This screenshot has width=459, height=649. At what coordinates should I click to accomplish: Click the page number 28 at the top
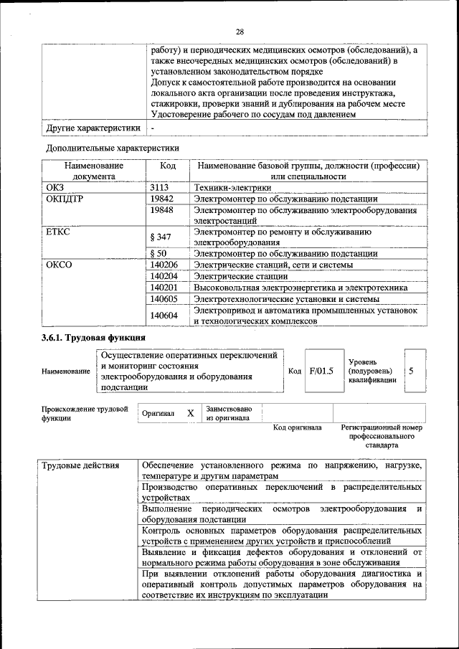(x=240, y=31)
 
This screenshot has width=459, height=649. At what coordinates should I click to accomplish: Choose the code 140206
(x=165, y=265)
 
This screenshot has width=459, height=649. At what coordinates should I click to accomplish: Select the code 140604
(x=165, y=315)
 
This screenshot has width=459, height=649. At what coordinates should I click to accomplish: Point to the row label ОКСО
(x=59, y=265)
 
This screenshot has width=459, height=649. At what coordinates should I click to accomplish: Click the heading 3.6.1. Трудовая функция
(x=93, y=337)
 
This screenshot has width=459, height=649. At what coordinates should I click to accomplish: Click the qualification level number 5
(x=411, y=371)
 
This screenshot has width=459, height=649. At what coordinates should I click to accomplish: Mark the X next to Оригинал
(x=190, y=414)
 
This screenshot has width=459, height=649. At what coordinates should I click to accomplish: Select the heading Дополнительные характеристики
(x=113, y=148)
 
